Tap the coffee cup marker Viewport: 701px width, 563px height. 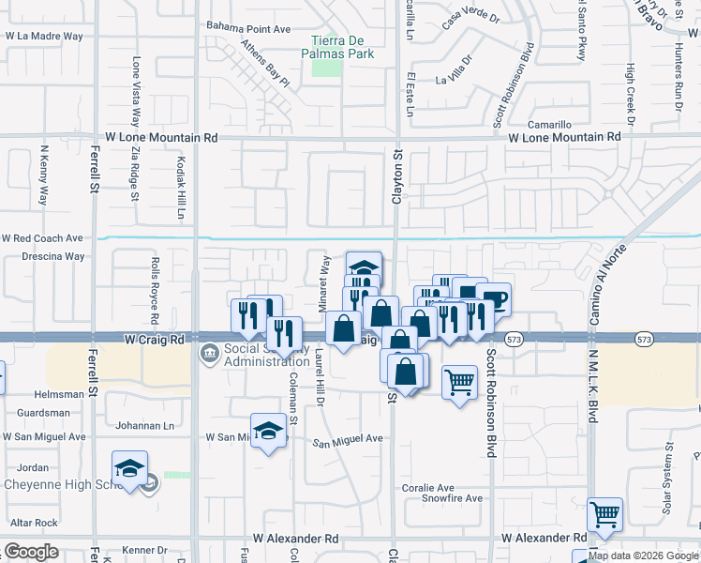(493, 300)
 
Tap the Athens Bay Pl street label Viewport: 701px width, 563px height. (264, 63)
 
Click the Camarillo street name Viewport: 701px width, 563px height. (549, 125)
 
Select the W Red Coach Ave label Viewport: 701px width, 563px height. (43, 238)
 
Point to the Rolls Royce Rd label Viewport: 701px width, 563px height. (156, 286)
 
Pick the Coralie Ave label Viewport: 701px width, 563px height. (427, 488)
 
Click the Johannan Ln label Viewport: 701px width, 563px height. (143, 426)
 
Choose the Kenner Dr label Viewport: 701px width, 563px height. (144, 550)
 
